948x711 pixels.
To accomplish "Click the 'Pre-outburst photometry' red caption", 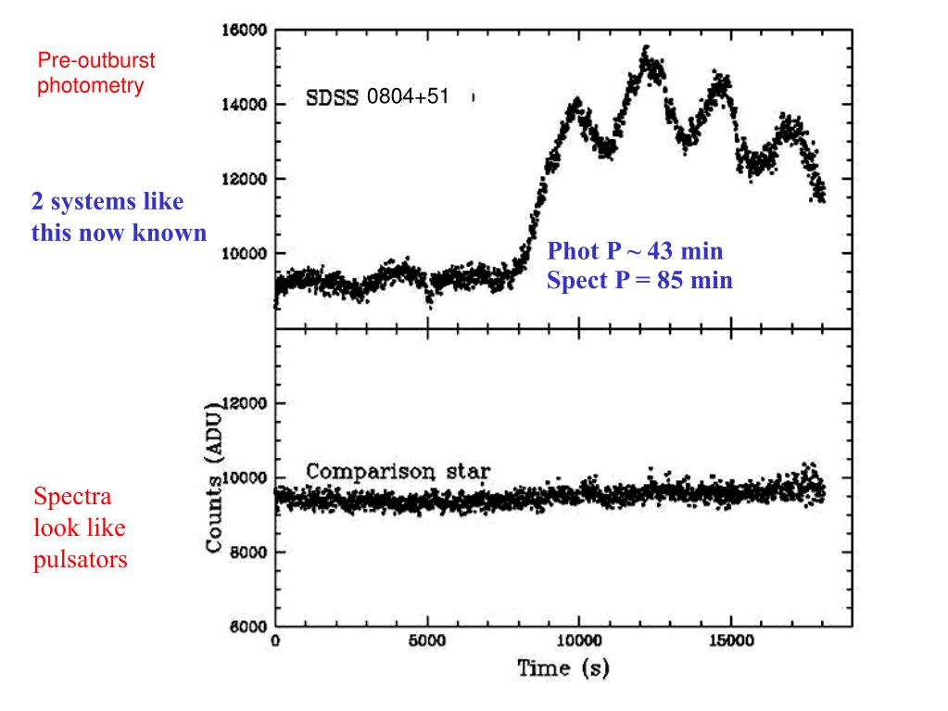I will tap(95, 74).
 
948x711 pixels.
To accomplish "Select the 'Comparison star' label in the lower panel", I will tap(398, 472).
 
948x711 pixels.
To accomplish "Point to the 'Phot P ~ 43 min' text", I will tap(635, 251).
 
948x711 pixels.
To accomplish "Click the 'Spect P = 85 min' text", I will tap(639, 280).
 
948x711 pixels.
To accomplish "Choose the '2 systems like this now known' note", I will tap(119, 217).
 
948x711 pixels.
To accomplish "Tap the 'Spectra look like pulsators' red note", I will tap(81, 528).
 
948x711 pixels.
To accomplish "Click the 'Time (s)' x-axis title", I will tap(563, 667).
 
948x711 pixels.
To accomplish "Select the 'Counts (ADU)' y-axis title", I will tap(214, 478).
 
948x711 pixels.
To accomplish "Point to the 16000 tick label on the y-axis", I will tap(245, 31).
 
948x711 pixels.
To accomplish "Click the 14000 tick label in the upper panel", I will tap(245, 105).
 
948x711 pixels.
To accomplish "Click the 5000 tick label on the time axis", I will tap(427, 641).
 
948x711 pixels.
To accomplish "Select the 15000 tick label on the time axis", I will tap(729, 641).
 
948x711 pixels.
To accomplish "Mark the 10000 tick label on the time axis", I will tap(578, 641).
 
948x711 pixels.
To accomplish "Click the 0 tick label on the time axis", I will tap(275, 641).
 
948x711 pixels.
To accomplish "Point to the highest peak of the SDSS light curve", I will tap(647, 48).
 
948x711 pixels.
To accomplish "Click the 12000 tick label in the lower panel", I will tap(245, 404).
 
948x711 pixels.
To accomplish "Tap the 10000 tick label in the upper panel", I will tap(245, 253).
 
